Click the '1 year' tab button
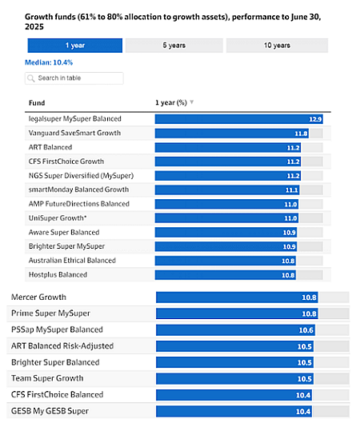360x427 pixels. tap(75, 46)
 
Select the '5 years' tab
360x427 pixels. tap(174, 46)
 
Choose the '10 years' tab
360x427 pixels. tap(277, 46)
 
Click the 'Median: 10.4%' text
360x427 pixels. tap(49, 62)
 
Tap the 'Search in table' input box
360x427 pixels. tap(74, 78)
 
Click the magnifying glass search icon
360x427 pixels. tap(31, 78)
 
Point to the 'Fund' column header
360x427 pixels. tap(37, 103)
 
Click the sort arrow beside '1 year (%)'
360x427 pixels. tap(191, 102)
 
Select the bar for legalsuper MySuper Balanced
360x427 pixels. tap(239, 119)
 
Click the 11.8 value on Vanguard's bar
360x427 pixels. tap(301, 134)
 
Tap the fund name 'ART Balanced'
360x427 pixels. tap(50, 147)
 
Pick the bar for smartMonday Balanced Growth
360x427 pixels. tap(227, 190)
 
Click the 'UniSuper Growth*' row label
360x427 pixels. tap(58, 218)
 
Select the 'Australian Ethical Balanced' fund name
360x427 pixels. tap(72, 261)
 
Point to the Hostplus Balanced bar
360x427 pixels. tap(226, 275)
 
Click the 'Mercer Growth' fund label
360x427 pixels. tap(38, 297)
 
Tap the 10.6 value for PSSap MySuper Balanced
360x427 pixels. tap(306, 330)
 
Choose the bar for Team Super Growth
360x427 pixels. tap(235, 379)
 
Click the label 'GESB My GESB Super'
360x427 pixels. tap(50, 411)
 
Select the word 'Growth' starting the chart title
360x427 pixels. tap(37, 17)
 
